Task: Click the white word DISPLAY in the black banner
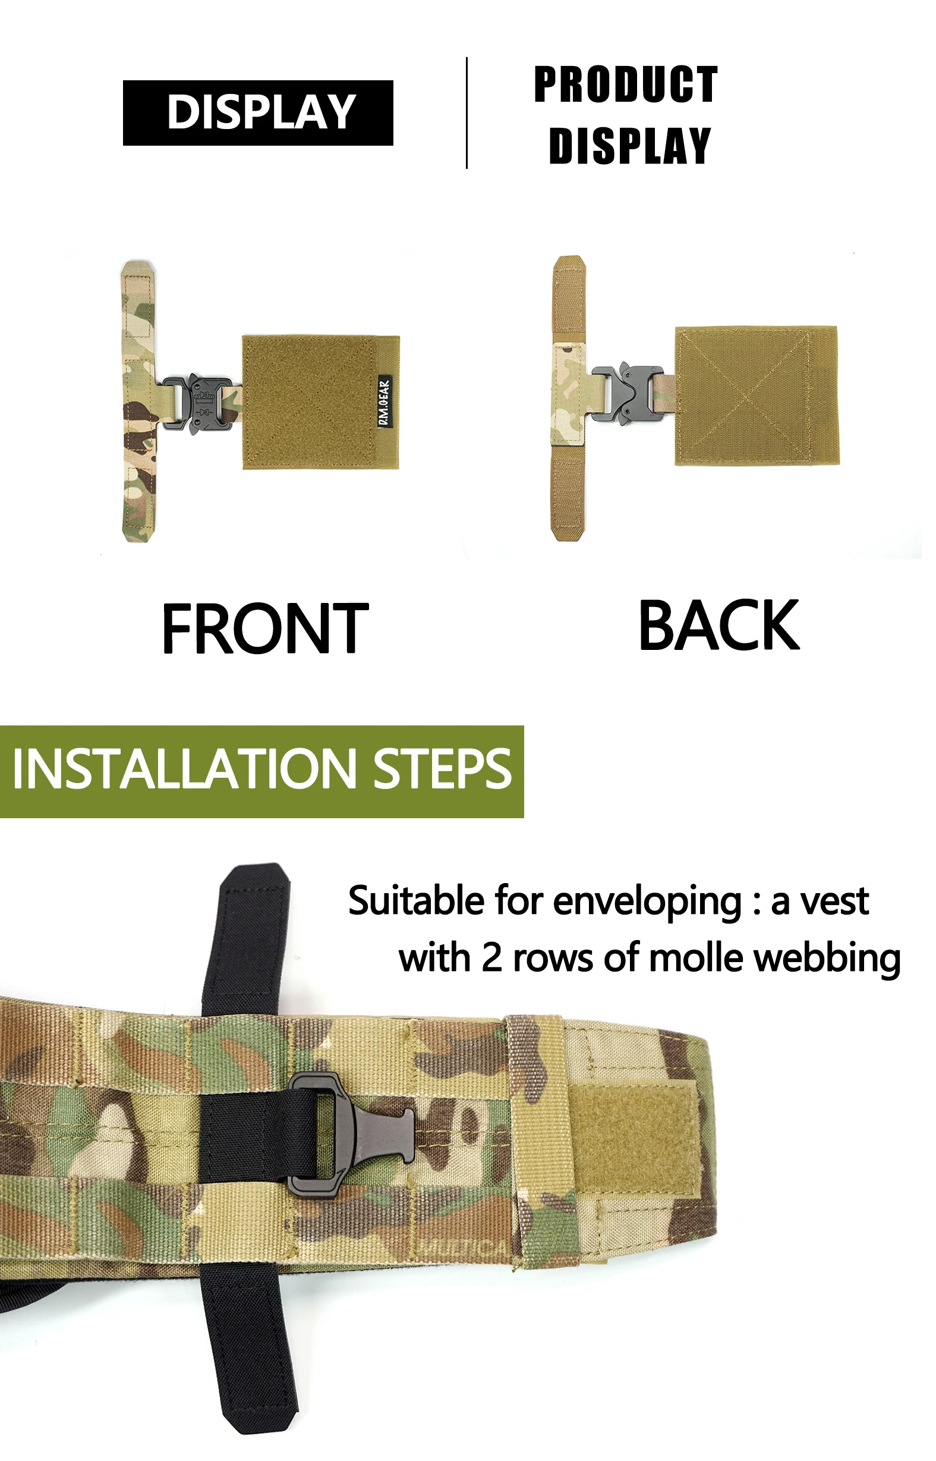click(261, 112)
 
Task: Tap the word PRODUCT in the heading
click(626, 84)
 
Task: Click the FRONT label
click(265, 629)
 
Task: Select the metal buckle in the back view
click(627, 394)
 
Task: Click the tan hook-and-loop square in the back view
click(757, 396)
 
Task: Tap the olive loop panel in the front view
click(321, 402)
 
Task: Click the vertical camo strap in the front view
click(138, 401)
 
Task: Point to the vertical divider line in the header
click(467, 112)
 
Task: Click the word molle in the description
click(696, 958)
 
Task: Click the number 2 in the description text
click(491, 958)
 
